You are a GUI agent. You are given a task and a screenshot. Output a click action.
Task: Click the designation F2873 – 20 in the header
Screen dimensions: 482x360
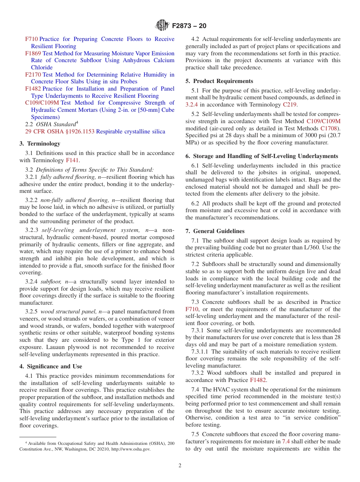[189, 26]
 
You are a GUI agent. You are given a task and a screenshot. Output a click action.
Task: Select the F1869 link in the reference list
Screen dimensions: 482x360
[33, 53]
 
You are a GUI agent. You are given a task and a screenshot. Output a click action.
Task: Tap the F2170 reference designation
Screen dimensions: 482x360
[33, 75]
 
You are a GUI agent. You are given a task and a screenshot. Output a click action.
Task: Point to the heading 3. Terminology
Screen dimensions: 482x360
[40, 144]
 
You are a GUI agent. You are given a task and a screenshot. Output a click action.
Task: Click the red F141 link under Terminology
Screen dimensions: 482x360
[72, 160]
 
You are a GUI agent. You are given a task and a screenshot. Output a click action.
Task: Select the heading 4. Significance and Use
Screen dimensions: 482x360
[51, 366]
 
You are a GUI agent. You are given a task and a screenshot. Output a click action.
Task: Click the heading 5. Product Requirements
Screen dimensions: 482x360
[219, 81]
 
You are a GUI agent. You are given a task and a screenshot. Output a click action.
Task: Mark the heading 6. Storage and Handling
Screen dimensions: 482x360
[261, 156]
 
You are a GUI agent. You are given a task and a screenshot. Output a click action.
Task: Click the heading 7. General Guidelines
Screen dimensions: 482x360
[215, 231]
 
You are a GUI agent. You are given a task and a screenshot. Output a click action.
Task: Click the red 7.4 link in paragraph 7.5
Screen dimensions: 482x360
[286, 441]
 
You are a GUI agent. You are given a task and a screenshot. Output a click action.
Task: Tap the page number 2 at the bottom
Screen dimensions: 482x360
[180, 466]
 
